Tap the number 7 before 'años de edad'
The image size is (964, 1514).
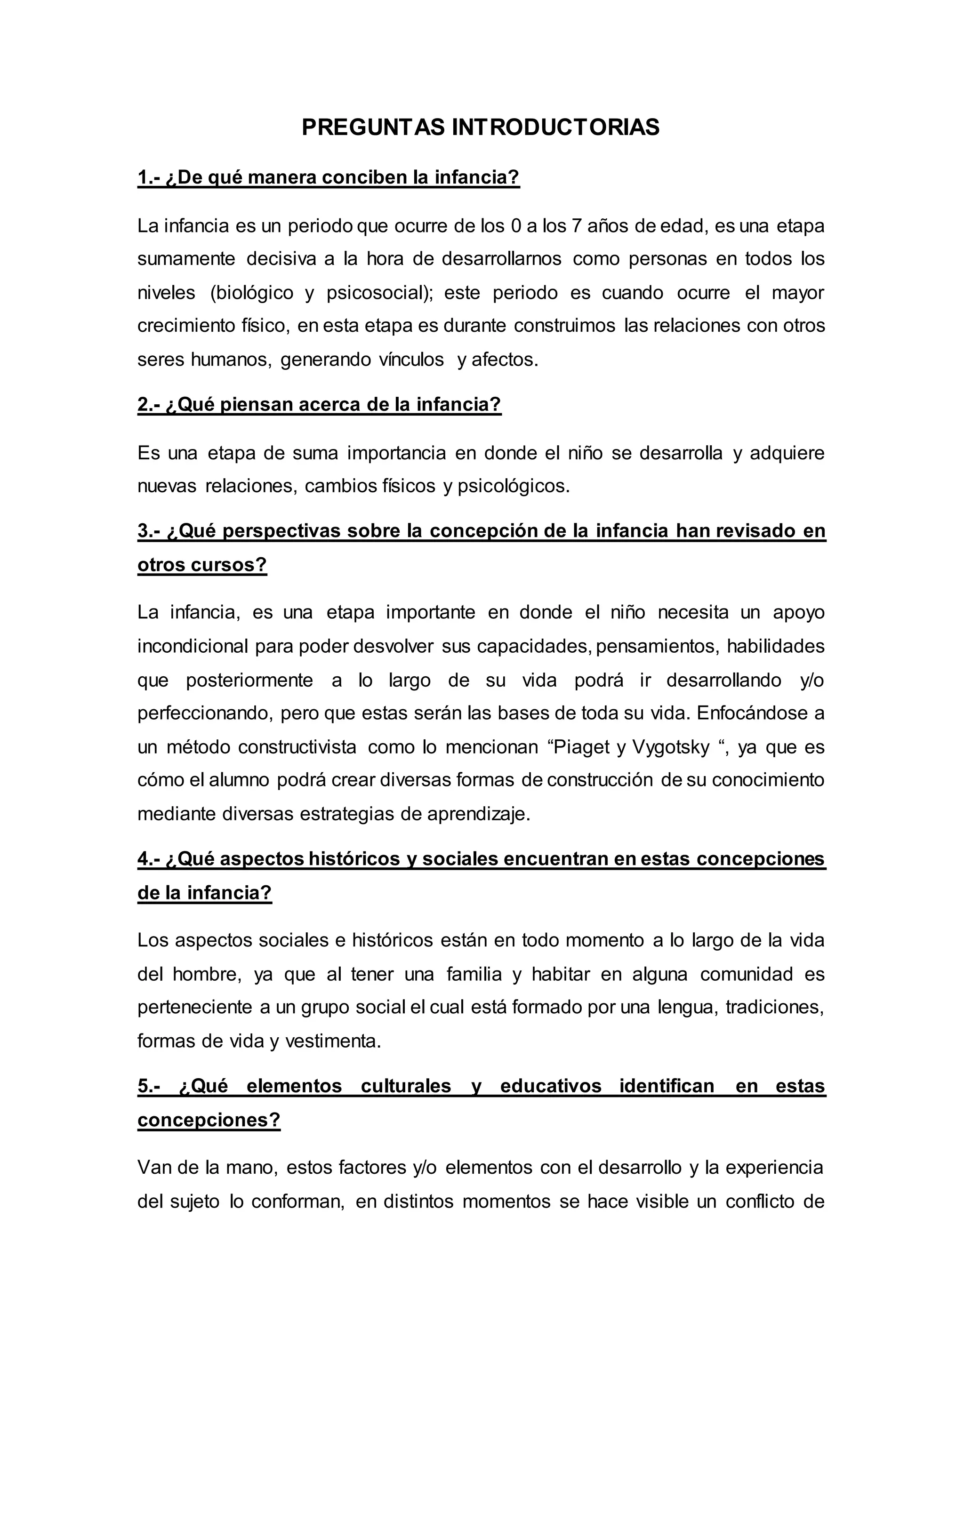(x=575, y=226)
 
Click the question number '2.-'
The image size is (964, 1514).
(x=149, y=404)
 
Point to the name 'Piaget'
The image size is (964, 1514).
(x=579, y=747)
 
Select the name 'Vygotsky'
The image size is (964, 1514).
(x=670, y=747)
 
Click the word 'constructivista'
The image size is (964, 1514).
(x=297, y=747)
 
